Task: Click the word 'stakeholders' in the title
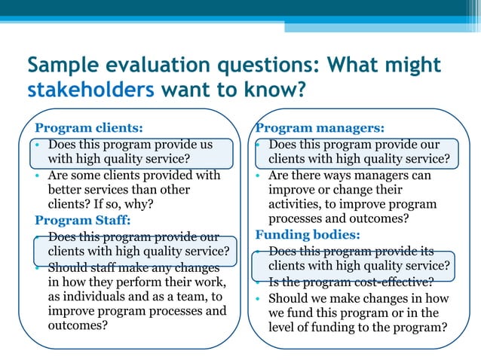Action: pos(90,91)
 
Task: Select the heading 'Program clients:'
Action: pos(89,128)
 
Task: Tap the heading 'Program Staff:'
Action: pos(83,221)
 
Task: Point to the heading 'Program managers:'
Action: pos(320,128)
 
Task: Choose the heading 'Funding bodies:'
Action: pos(307,235)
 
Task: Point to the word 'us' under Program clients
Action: pos(206,144)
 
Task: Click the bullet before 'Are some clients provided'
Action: pos(38,175)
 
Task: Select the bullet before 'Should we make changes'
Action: pos(259,297)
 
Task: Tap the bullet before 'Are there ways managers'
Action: pos(259,175)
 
